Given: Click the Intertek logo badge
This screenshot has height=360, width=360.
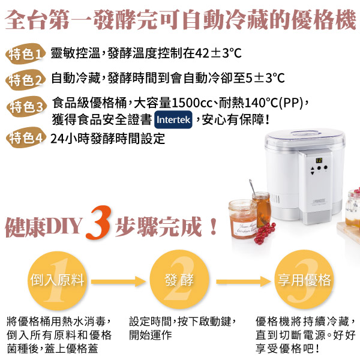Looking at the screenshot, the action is pos(173,119).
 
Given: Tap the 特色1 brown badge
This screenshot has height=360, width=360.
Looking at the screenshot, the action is pos(25,54).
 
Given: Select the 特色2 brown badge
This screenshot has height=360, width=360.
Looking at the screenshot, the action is pos(25,80).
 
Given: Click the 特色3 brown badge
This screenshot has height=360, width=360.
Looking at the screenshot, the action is pos(26,107).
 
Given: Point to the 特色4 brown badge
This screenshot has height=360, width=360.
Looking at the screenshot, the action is pos(26,137).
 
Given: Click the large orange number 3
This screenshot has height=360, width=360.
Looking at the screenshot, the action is pos(99,222).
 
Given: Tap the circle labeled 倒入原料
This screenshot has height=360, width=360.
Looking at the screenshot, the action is pos(57,280).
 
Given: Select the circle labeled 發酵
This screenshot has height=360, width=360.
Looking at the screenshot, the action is pos(179,280).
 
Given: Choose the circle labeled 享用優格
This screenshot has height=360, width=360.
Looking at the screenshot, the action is pos(304,280).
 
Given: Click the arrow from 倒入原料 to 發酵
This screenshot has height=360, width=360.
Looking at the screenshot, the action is pos(118,281).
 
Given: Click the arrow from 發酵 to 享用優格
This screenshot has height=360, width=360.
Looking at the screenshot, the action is pos(244,281).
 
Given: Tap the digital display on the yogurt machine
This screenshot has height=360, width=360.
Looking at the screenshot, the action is pos(319,160).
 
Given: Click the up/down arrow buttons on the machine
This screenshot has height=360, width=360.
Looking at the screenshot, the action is pos(312,171).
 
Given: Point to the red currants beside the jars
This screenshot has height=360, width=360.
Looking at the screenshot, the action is pos(265,232).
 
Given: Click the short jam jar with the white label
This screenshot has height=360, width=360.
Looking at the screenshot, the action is pos(242,219).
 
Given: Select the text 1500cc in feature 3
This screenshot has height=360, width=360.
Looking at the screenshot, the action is pos(192,103).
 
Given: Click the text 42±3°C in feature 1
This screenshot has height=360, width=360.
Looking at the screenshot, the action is pos(218,53).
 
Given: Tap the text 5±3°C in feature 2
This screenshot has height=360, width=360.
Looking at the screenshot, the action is pos(265,78).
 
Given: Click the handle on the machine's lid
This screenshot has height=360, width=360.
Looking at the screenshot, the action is pos(305,133).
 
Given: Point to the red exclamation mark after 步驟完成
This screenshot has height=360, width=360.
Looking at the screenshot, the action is pos(214,226).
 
